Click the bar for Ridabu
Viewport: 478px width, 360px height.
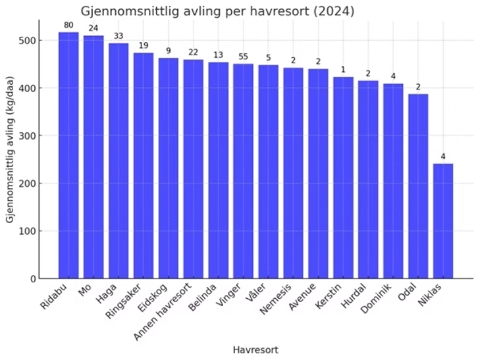pos(68,155)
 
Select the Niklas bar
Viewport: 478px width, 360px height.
pos(443,221)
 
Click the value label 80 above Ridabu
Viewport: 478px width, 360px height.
pos(68,25)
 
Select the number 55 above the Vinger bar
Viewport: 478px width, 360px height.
pos(244,57)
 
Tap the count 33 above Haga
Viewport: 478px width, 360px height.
pos(119,36)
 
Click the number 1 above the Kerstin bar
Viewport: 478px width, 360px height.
pos(343,70)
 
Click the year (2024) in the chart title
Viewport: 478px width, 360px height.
pos(332,11)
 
